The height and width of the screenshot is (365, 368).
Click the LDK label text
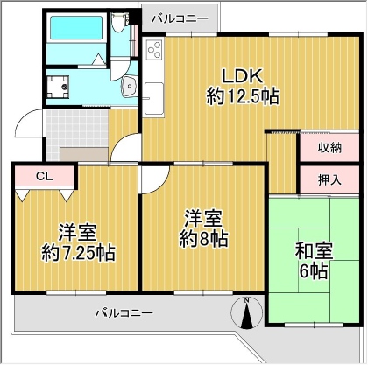click(x=242, y=76)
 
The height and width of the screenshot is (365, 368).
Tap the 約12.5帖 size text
click(x=243, y=96)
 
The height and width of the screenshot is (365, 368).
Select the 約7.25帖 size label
click(x=78, y=252)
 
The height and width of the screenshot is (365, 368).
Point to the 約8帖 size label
click(x=203, y=239)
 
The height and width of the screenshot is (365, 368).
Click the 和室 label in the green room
click(x=314, y=251)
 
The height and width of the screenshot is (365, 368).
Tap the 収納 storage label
click(x=329, y=148)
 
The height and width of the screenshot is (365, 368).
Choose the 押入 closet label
click(x=329, y=180)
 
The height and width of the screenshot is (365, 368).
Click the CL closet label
click(x=45, y=176)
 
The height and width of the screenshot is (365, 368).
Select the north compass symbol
click(x=247, y=312)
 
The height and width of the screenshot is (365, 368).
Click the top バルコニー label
click(x=180, y=19)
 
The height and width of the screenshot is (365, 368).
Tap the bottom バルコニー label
click(x=124, y=313)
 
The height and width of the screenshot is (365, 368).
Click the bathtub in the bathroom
click(x=76, y=27)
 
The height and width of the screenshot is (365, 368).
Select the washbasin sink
click(x=129, y=87)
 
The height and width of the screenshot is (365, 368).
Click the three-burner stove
click(x=154, y=50)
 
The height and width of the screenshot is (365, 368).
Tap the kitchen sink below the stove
click(x=154, y=99)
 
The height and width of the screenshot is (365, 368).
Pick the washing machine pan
click(x=58, y=87)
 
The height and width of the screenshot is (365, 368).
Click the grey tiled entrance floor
click(x=77, y=129)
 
